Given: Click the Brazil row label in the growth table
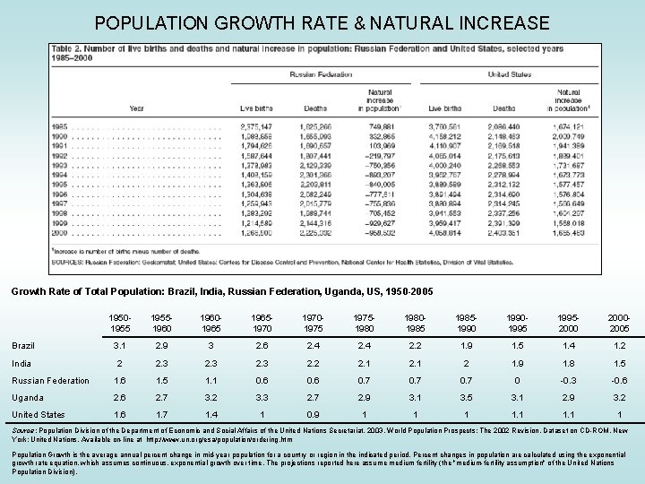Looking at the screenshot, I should pos(24,344).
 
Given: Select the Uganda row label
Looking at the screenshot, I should pos(28,397).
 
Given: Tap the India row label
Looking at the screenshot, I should pos(22,362).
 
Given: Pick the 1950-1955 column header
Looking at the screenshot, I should pos(120,323).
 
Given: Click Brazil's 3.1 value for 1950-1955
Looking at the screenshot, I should pos(120,345).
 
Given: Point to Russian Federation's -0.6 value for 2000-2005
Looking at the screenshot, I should pos(620,380).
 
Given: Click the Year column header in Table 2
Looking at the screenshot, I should pos(136,108).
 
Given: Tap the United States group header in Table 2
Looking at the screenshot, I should pos(509,75).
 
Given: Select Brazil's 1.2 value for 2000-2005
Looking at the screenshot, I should pos(620,345).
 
